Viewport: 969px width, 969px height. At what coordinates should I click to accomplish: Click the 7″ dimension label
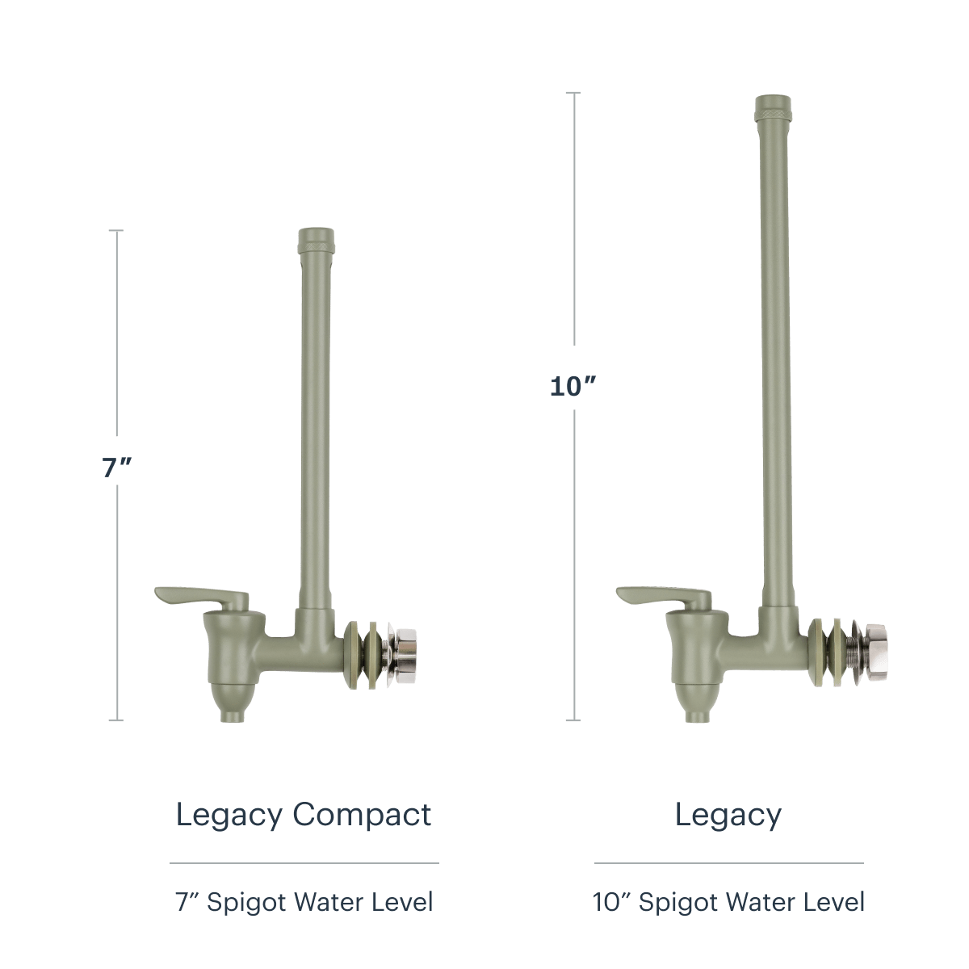click(x=116, y=468)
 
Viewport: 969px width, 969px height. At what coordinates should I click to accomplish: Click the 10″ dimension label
click(x=573, y=386)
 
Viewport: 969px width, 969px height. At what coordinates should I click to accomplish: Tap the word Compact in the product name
click(x=362, y=815)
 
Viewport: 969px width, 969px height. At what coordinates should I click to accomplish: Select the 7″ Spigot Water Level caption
click(x=304, y=902)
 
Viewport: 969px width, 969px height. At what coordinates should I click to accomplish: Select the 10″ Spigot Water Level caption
click(x=728, y=902)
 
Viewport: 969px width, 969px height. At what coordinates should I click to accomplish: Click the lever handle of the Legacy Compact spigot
click(x=201, y=597)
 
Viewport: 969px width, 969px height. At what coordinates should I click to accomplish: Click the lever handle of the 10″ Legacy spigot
click(x=664, y=597)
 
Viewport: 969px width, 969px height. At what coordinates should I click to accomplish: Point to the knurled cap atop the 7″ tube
click(x=316, y=241)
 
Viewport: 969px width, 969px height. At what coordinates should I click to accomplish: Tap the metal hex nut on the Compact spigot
click(x=406, y=652)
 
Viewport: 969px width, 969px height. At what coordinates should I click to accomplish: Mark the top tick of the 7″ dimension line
click(x=116, y=230)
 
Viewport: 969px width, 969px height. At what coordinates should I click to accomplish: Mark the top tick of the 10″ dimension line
click(x=573, y=93)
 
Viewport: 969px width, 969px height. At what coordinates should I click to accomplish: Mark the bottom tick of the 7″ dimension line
click(x=116, y=720)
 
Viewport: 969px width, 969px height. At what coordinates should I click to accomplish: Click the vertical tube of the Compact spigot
click(x=316, y=427)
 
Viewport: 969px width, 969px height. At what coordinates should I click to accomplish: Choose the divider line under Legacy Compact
click(x=304, y=863)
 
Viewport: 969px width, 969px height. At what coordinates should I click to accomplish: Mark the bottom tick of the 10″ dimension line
click(x=573, y=720)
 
